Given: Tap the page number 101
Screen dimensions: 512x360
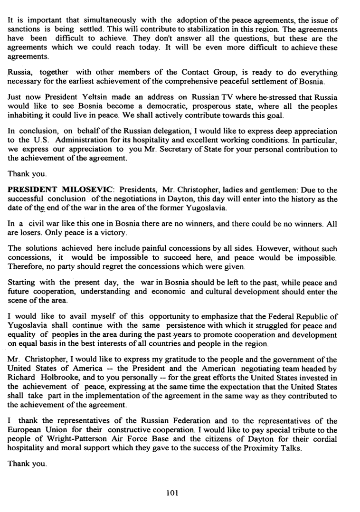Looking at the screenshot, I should pyautogui.click(x=172, y=493).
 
